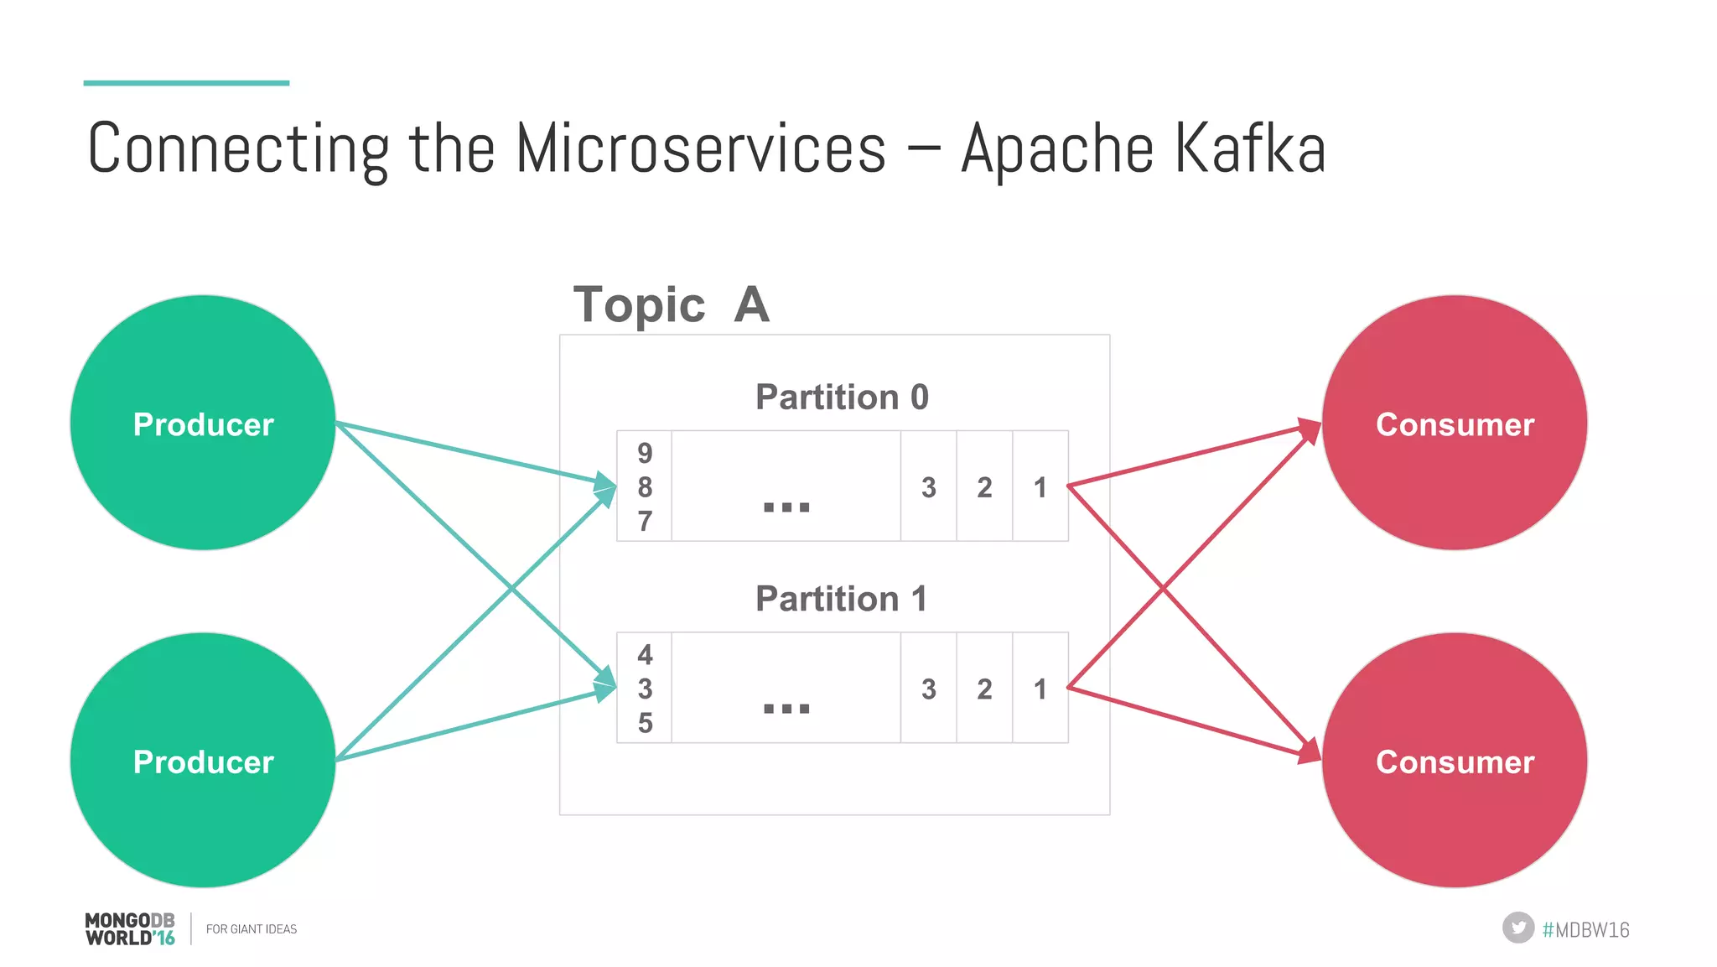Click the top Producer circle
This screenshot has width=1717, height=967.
[x=203, y=423]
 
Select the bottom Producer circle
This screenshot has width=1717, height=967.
[x=203, y=760]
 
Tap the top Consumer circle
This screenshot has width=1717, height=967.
[x=1455, y=423]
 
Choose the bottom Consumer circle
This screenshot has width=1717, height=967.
[x=1455, y=760]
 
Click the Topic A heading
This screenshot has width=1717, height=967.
[x=671, y=304]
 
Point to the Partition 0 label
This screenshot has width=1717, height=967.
[x=842, y=397]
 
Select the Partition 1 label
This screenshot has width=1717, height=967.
[x=842, y=599]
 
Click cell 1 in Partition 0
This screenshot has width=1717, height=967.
[x=1040, y=486]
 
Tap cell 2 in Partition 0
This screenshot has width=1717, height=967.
[x=984, y=486]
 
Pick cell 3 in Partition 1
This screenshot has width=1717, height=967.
[x=928, y=689]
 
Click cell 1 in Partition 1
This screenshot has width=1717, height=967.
[x=1040, y=689]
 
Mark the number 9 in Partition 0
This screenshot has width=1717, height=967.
[x=645, y=453]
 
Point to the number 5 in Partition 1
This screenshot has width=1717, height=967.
[x=645, y=723]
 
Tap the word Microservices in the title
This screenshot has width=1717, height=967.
[x=700, y=149]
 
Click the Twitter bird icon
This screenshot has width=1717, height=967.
[x=1517, y=928]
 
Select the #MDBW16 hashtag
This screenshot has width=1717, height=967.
[x=1585, y=929]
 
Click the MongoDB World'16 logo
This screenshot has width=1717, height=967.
[x=130, y=929]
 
